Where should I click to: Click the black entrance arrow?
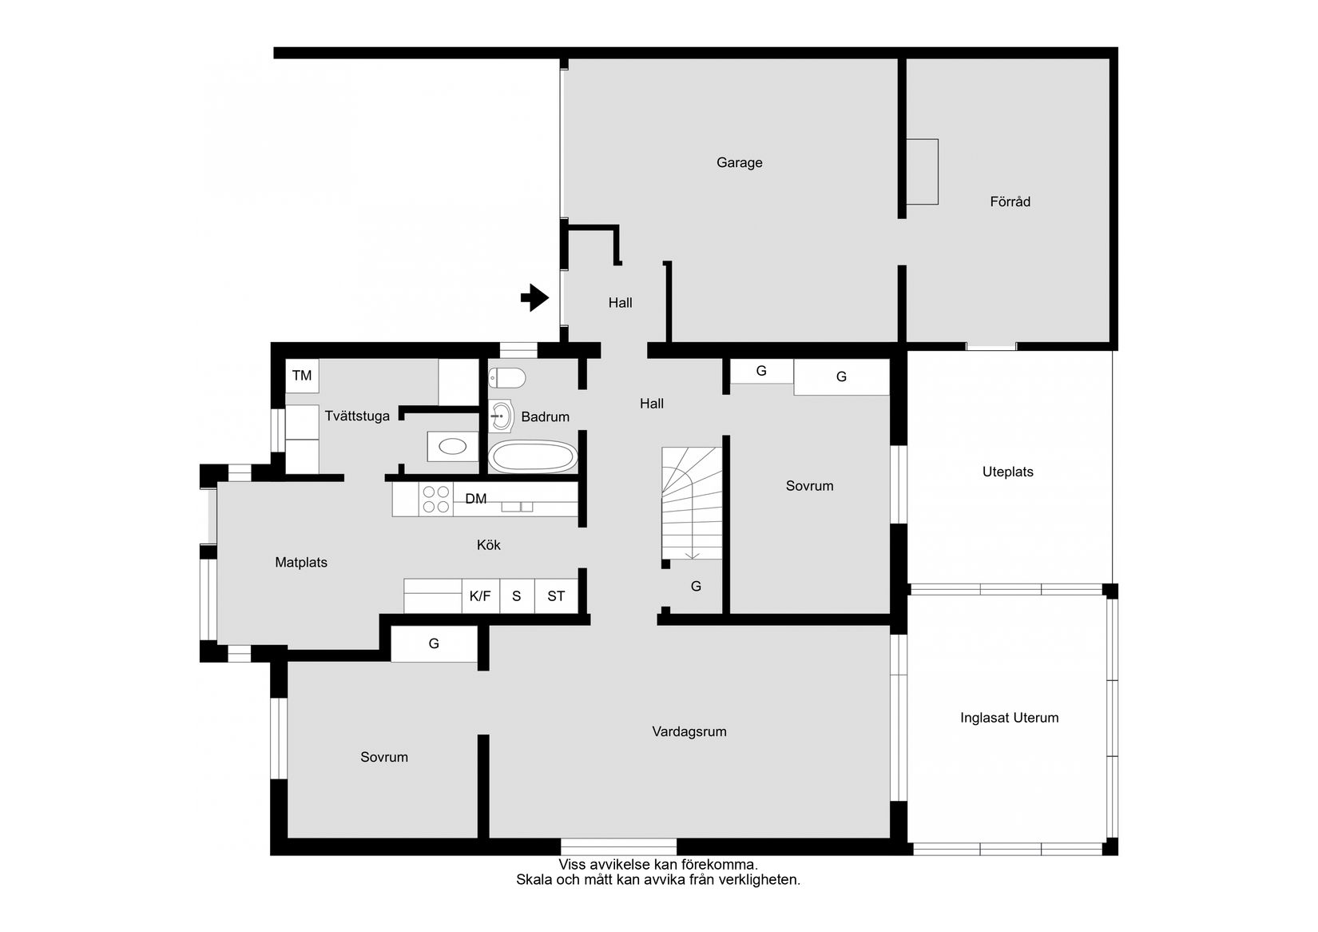click(x=534, y=298)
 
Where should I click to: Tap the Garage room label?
click(x=739, y=162)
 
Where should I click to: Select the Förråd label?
click(x=1010, y=201)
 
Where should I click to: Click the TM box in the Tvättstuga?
click(x=302, y=375)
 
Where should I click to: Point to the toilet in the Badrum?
click(x=507, y=376)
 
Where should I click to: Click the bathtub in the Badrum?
click(x=532, y=457)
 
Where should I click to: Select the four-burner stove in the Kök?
click(x=435, y=500)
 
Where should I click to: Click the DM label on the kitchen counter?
click(x=475, y=499)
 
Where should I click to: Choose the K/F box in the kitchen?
click(x=480, y=595)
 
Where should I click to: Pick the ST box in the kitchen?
click(x=556, y=595)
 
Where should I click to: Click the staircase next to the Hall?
click(x=692, y=504)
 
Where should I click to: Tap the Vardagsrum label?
click(x=689, y=731)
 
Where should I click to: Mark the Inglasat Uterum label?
click(x=1009, y=718)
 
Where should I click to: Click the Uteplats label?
click(x=1007, y=472)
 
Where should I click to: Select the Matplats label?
click(x=301, y=562)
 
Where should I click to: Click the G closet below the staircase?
click(x=696, y=586)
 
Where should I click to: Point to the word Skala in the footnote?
click(x=533, y=879)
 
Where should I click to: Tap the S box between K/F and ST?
click(x=517, y=595)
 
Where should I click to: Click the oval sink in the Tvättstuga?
click(x=453, y=447)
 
